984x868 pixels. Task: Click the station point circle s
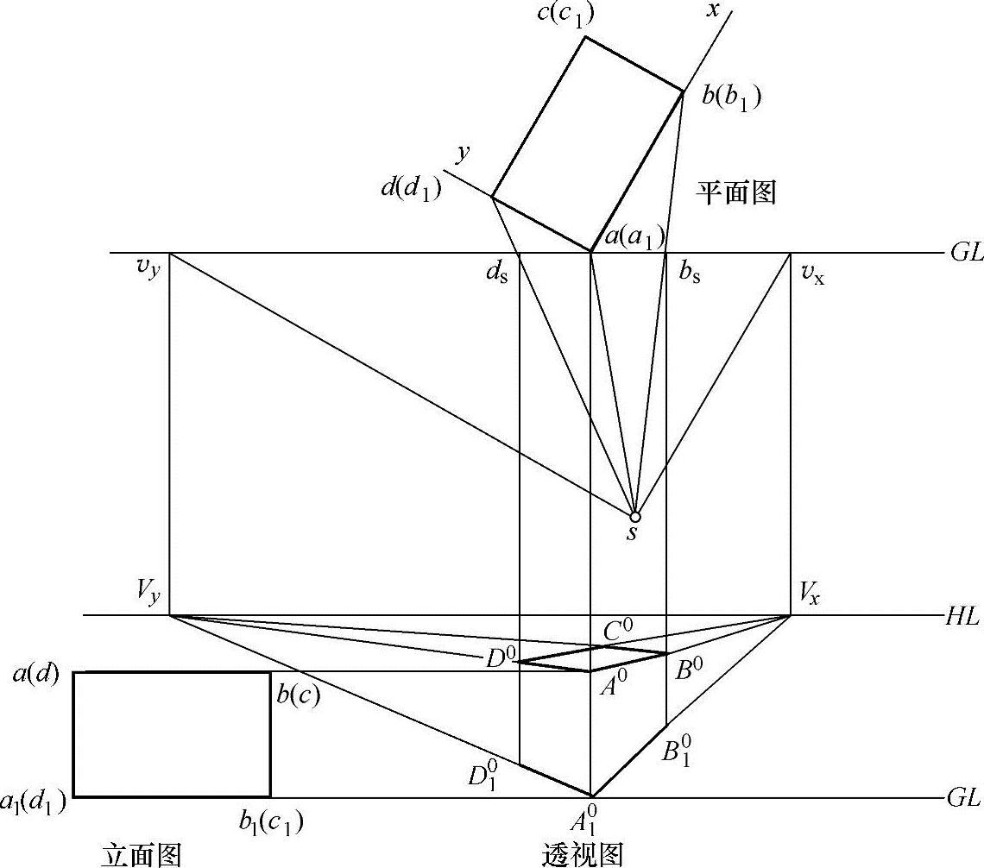point(635,516)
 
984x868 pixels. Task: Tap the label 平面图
point(736,192)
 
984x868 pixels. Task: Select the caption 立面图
point(142,853)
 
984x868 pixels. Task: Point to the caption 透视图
point(582,853)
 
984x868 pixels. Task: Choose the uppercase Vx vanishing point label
point(809,593)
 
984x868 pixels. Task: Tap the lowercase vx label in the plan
point(812,275)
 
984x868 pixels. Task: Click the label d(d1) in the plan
point(411,189)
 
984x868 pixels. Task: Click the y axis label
point(464,153)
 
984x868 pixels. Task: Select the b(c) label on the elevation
point(299,695)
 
